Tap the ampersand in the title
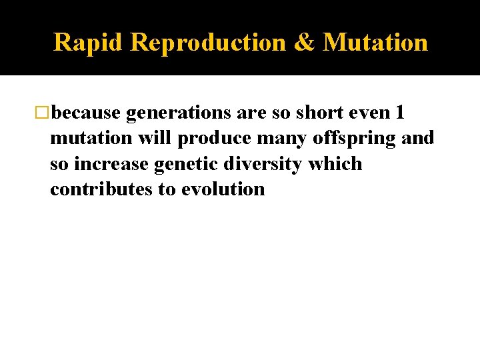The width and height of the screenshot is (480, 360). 304,42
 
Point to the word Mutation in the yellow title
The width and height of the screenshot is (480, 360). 375,42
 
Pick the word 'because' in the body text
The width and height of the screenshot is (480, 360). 86,113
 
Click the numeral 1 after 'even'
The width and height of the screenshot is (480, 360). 399,113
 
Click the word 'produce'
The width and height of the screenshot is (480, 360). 211,139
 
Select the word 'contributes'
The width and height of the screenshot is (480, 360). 101,189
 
